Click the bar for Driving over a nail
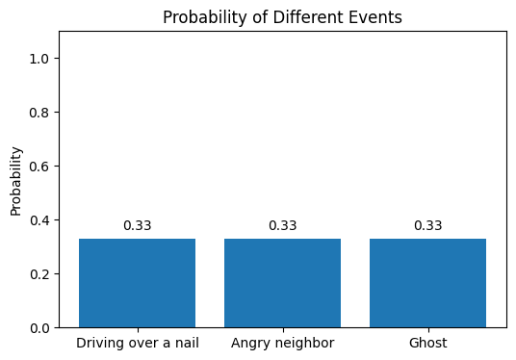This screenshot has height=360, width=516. pos(137,283)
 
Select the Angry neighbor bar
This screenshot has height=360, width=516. pos(282,283)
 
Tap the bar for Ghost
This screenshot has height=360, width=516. pos(427,283)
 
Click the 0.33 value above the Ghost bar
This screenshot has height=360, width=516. pos(427,226)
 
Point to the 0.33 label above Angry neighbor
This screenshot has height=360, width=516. pos(282,226)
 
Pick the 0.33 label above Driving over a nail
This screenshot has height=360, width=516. pos(137,226)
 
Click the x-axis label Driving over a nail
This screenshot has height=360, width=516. pos(137,344)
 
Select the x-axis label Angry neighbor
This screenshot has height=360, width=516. pos(282,344)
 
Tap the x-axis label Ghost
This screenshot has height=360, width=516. pos(427,344)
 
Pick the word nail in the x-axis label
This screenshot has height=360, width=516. pos(186,344)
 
